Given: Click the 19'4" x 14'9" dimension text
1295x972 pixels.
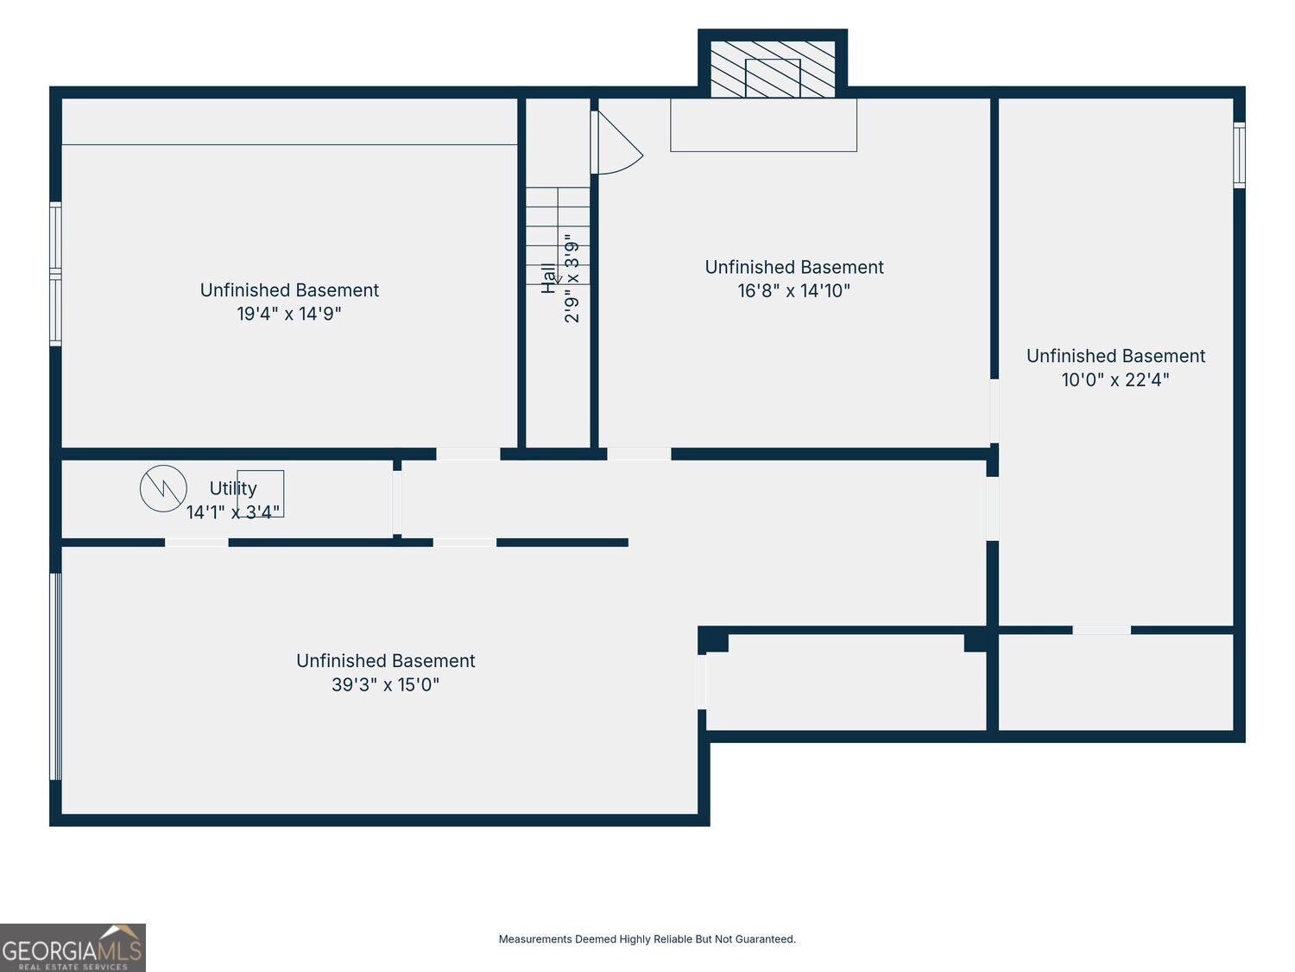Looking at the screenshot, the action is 289,314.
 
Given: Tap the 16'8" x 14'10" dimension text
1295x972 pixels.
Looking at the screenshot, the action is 793,290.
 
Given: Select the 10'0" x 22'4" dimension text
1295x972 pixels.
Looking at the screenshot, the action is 1115,379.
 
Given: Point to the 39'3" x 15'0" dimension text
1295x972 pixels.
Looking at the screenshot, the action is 385,684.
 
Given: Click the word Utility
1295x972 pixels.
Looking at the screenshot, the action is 233,489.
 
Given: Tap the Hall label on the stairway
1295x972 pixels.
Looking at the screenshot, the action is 549,278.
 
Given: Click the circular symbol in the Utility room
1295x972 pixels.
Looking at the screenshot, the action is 163,489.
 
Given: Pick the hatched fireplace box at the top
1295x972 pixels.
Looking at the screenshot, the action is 773,69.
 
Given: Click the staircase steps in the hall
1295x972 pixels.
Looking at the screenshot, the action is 558,236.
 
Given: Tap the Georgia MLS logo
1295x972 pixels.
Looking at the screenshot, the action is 73,947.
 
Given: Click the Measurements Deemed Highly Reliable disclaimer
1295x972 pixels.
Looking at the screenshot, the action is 647,938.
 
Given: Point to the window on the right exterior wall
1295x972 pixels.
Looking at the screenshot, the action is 1240,156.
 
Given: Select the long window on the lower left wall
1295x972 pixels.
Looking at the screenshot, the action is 55,677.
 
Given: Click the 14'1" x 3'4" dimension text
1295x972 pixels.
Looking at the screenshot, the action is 233,512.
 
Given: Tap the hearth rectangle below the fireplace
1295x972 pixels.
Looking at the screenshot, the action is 763,125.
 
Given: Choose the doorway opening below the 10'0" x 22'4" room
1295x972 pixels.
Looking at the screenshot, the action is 1102,631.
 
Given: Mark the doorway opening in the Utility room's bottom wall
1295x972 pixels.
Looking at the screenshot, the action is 197,543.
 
